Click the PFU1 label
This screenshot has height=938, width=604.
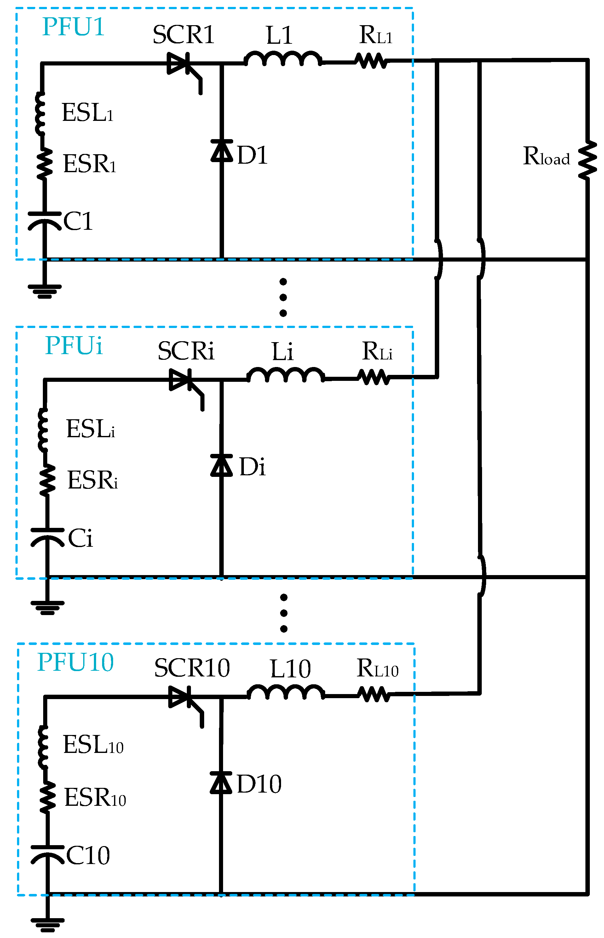tap(73, 27)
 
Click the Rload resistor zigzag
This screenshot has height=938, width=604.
tap(588, 161)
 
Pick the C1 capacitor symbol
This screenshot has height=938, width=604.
tap(45, 221)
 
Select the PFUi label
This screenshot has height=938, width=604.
tap(74, 345)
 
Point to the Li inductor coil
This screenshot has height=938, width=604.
tap(286, 375)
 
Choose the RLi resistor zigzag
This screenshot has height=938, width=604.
tap(374, 378)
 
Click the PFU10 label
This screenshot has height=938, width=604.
tap(75, 662)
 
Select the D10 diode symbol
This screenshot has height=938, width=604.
tap(221, 783)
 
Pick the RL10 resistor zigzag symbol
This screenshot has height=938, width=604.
tap(374, 695)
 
